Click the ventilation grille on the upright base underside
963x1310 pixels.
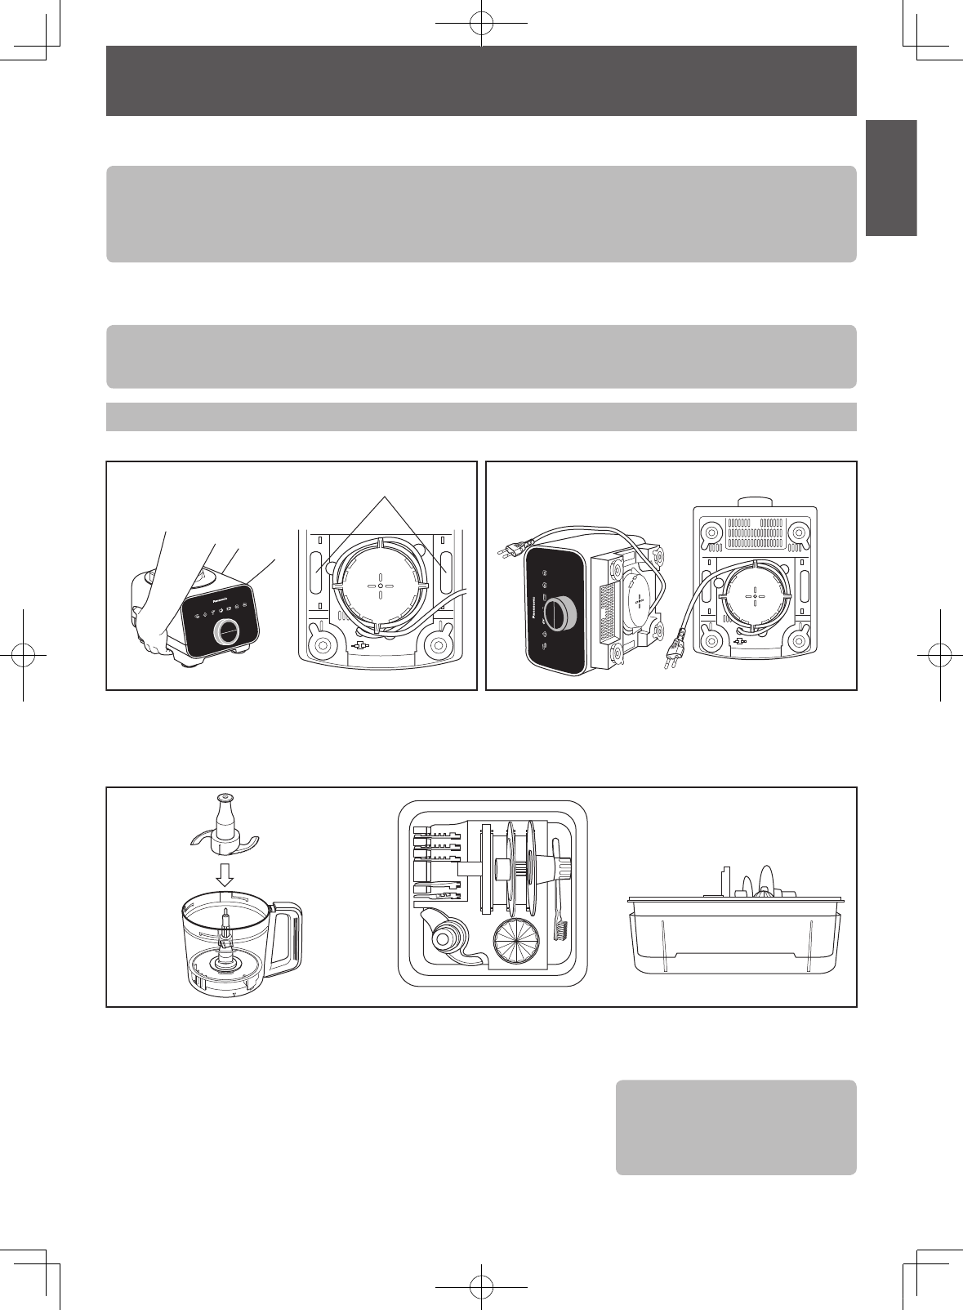coord(755,532)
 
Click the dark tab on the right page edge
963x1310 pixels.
coord(892,178)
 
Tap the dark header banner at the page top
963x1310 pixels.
coord(481,80)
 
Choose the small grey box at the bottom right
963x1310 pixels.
coord(735,1127)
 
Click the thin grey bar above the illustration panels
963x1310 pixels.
coord(481,417)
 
